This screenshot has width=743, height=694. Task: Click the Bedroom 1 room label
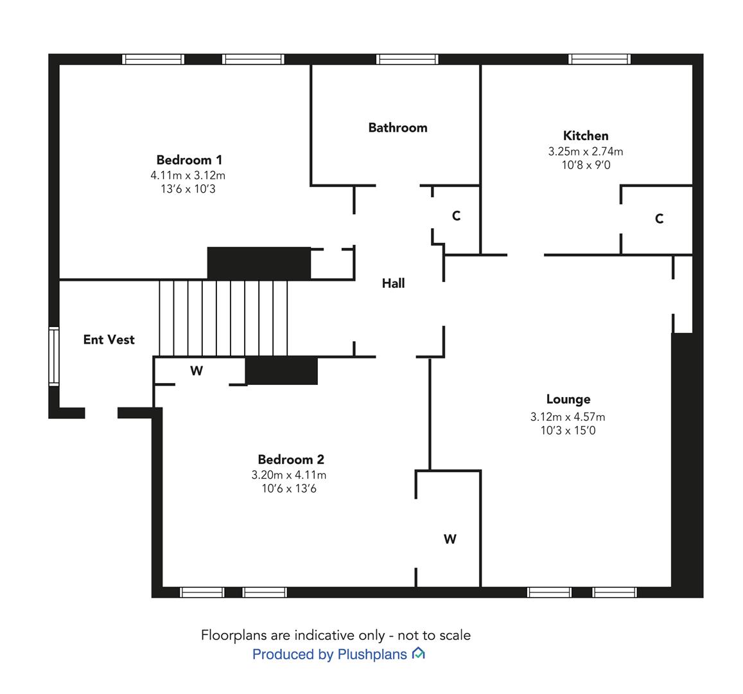click(x=189, y=160)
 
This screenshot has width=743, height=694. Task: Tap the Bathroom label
click(x=398, y=127)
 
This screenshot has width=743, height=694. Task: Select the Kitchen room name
click(x=586, y=136)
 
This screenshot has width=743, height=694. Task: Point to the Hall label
click(x=393, y=283)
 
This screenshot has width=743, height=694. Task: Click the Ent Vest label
click(x=109, y=339)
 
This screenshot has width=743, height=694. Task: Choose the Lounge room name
click(x=568, y=399)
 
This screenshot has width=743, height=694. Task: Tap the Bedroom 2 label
click(x=291, y=459)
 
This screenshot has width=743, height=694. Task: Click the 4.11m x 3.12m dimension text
click(x=188, y=175)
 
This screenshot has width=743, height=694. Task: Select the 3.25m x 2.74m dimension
click(x=586, y=152)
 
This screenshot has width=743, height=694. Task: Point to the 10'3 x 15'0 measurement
click(x=568, y=431)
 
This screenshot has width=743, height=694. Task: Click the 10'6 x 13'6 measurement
click(x=289, y=488)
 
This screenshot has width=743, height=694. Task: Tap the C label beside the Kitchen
click(x=659, y=218)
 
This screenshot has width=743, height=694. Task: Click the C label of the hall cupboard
click(x=457, y=216)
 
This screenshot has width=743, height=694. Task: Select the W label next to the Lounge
click(x=450, y=539)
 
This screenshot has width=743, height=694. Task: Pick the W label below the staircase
click(x=197, y=371)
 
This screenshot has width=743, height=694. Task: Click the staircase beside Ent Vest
click(x=223, y=318)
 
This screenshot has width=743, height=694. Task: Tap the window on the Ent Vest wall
click(x=54, y=357)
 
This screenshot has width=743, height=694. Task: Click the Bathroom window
click(x=408, y=59)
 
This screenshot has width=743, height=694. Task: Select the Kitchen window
click(x=599, y=59)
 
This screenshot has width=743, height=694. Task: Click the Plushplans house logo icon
click(x=419, y=654)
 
